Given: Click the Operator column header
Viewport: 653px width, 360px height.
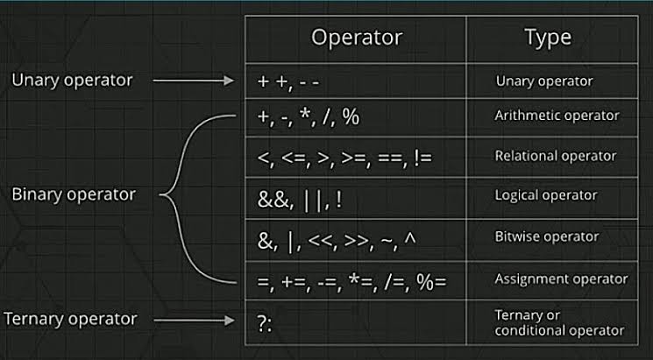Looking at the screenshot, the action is (357, 39).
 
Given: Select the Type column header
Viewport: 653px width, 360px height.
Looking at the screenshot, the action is (548, 38).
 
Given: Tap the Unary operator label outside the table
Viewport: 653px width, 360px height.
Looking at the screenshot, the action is (72, 81).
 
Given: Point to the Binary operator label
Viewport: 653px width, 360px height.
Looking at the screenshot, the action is (74, 194).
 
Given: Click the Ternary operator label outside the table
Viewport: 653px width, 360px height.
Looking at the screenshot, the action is (70, 320).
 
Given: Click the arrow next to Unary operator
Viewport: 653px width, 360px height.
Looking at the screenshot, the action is (194, 81).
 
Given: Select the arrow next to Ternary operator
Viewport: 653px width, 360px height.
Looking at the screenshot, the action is (194, 320).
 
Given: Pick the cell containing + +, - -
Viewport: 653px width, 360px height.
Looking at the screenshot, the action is (356, 81).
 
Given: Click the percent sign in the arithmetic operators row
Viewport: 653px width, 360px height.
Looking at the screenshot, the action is (351, 117).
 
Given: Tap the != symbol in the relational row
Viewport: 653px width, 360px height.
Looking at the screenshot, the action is (423, 158).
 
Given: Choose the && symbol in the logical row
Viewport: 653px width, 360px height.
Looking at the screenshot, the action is (273, 200).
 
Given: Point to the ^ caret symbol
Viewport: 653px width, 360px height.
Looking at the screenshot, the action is (410, 239).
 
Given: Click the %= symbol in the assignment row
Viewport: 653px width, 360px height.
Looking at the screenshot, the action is (431, 281).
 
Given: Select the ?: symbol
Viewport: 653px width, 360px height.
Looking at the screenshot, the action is (265, 324).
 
